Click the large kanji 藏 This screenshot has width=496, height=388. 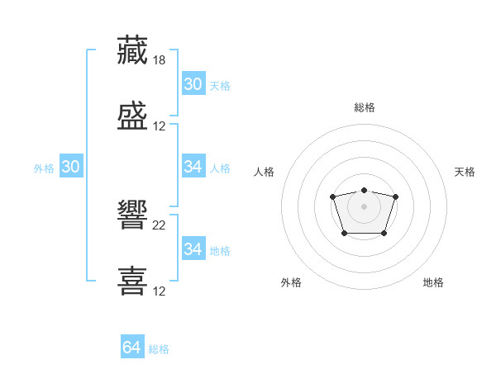132,50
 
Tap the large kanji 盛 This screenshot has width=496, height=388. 132,116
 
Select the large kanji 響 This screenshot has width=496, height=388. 132,215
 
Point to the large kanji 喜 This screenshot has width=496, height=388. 132,281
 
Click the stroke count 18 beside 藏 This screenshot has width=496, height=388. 159,60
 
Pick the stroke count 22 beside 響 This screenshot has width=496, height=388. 159,225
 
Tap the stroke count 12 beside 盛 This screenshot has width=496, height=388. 159,126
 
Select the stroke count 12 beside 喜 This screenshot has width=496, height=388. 159,291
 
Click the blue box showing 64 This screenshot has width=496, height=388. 132,346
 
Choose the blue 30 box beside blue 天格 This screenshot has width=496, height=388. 194,83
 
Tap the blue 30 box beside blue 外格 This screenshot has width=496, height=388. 71,166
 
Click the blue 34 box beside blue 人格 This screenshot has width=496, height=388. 194,166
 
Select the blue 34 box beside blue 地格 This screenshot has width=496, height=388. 194,248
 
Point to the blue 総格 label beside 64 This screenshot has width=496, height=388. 159,349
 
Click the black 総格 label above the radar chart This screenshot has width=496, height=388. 365,107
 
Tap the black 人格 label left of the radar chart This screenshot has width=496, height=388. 264,172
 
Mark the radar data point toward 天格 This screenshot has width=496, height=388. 395,196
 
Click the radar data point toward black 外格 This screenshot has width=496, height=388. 345,234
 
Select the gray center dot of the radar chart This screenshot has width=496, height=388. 364,206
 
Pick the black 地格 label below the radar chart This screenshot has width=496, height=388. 433,282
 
